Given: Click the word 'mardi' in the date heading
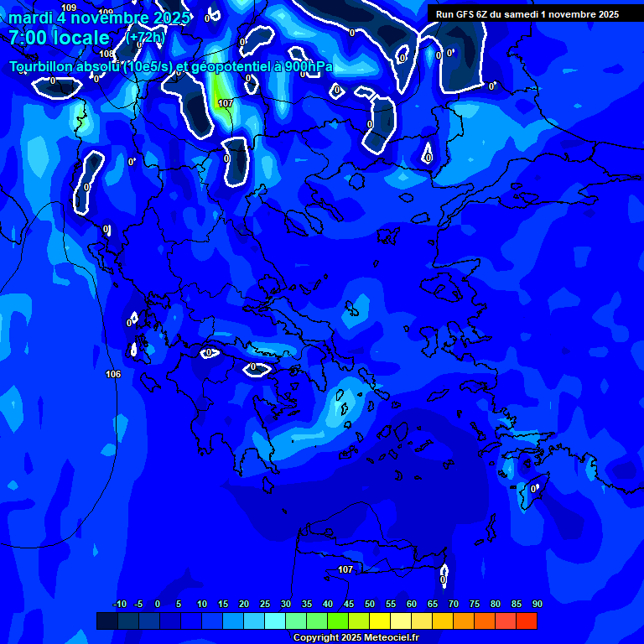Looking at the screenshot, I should (x=30, y=18).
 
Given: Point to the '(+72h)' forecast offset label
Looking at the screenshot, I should (x=145, y=38).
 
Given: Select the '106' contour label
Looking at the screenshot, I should (x=113, y=374).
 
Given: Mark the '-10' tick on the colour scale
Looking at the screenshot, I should (x=119, y=604).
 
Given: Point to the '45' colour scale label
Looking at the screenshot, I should (x=349, y=604).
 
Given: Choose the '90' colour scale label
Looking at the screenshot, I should (x=537, y=604).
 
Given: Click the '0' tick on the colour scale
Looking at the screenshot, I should (x=158, y=604).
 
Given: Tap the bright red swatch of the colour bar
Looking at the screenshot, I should (x=526, y=621).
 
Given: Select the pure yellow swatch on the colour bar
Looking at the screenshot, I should (x=379, y=621).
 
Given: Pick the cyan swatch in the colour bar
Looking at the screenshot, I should (x=274, y=621).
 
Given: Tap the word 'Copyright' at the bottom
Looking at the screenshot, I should (x=315, y=638).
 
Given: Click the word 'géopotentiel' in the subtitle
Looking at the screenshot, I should (x=230, y=67).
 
